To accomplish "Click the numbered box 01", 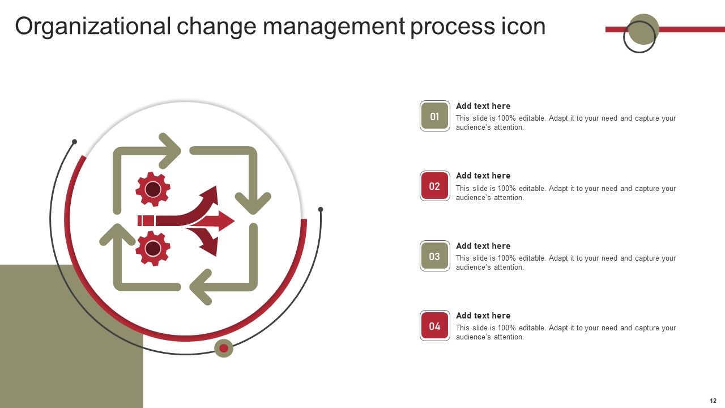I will [x=434, y=116].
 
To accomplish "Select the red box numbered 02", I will [x=434, y=186].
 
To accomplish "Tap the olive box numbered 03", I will [x=434, y=256].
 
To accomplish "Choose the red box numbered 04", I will [x=434, y=326].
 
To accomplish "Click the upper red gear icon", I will [x=153, y=189].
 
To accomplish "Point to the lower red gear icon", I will [x=153, y=248].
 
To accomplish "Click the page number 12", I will [x=713, y=401].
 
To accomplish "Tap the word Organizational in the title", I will [x=93, y=27].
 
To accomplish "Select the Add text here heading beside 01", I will [x=483, y=106].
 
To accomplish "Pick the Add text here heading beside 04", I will [x=483, y=316].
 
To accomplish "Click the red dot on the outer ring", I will [x=224, y=348].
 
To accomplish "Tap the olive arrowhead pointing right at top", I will [x=170, y=151].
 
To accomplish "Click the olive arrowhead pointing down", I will [x=253, y=202].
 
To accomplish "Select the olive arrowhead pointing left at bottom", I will [x=200, y=287].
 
